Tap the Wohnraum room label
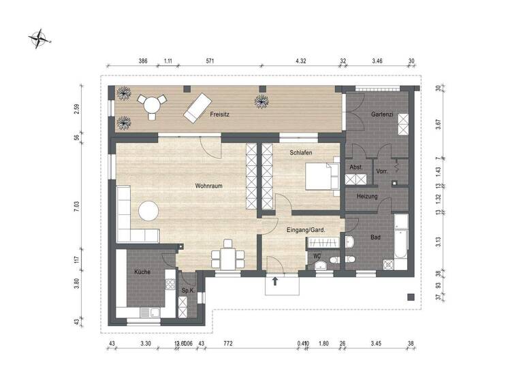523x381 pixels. [209, 185]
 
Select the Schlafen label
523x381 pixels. [300, 154]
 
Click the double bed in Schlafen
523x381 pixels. [322, 176]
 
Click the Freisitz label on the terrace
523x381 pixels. [219, 115]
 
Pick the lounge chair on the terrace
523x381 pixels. [197, 107]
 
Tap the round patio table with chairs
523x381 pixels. [150, 104]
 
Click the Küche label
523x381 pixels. [142, 271]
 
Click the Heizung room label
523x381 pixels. [367, 196]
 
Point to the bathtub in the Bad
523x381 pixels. [401, 242]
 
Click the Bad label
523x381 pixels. [375, 237]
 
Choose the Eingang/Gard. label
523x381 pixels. [306, 231]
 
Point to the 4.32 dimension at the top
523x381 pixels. [301, 61]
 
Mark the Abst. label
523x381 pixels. [355, 167]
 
